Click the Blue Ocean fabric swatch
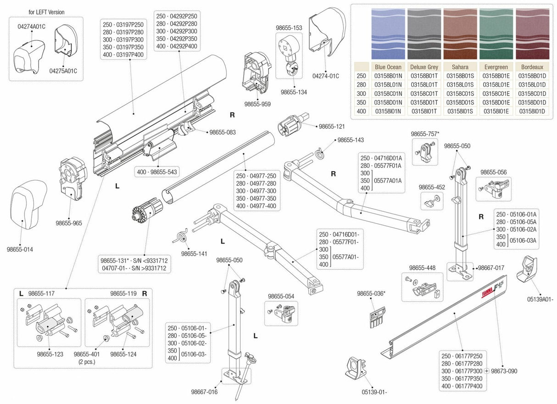click(388, 33)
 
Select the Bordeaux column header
click(532, 67)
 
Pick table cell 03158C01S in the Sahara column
click(460, 94)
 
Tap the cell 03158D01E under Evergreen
click(496, 102)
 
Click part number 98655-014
click(20, 249)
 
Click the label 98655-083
click(223, 132)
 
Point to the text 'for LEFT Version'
click(46, 12)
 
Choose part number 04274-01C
click(325, 76)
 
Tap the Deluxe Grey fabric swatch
click(424, 33)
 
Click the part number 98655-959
click(257, 104)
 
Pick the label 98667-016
click(204, 392)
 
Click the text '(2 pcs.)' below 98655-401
click(87, 361)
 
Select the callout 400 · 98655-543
click(157, 172)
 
